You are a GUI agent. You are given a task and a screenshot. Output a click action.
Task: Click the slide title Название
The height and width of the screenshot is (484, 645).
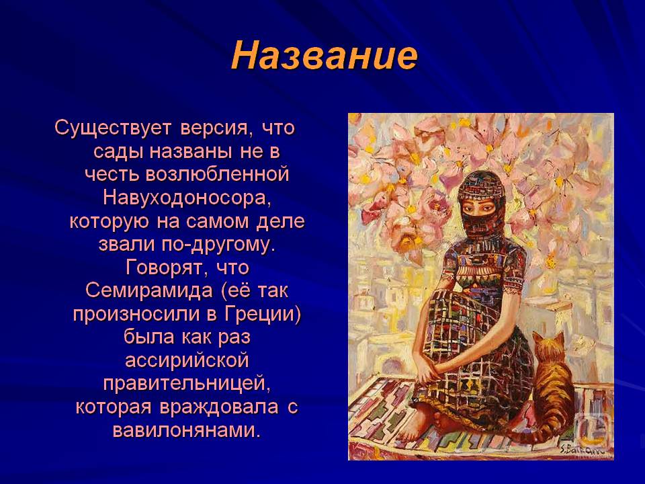pyautogui.click(x=324, y=56)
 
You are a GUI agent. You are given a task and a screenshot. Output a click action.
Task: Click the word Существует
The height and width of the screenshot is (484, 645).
pyautogui.click(x=112, y=128)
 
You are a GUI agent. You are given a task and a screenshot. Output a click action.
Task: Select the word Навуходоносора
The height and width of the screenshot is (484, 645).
pyautogui.click(x=187, y=198)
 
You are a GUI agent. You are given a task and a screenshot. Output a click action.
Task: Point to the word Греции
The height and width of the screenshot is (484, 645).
pyautogui.click(x=263, y=315)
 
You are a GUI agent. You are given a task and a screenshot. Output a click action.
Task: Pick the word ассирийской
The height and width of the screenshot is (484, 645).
pyautogui.click(x=187, y=361)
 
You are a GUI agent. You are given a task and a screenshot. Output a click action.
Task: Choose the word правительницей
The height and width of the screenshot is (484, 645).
pyautogui.click(x=187, y=384)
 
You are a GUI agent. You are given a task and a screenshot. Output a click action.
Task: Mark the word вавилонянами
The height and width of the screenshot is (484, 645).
pyautogui.click(x=187, y=430)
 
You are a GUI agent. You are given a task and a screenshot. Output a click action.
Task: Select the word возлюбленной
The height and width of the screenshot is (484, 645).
pyautogui.click(x=217, y=175)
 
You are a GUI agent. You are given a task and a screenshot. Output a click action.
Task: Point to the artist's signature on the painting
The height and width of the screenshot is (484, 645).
pyautogui.click(x=582, y=450)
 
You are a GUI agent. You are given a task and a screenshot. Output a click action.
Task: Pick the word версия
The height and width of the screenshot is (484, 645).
pyautogui.click(x=211, y=128)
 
